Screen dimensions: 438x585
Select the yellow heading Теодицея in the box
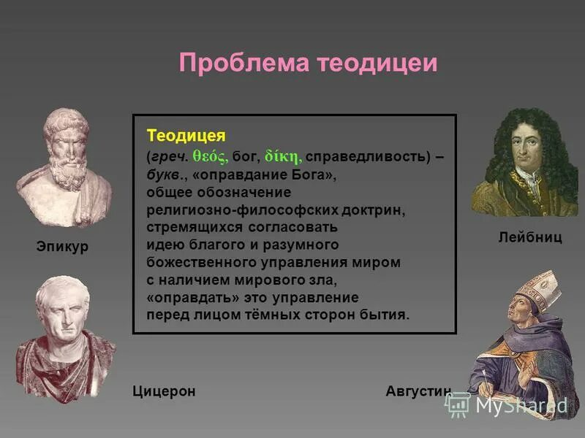click(x=186, y=136)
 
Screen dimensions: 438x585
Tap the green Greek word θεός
click(x=211, y=155)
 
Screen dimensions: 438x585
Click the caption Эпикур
click(x=62, y=247)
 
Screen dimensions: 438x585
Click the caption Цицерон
click(x=164, y=391)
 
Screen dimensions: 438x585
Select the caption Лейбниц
click(x=530, y=238)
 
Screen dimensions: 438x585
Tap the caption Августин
click(x=418, y=391)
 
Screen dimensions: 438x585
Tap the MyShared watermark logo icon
click(x=458, y=404)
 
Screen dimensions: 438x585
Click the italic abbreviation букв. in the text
click(x=165, y=175)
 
